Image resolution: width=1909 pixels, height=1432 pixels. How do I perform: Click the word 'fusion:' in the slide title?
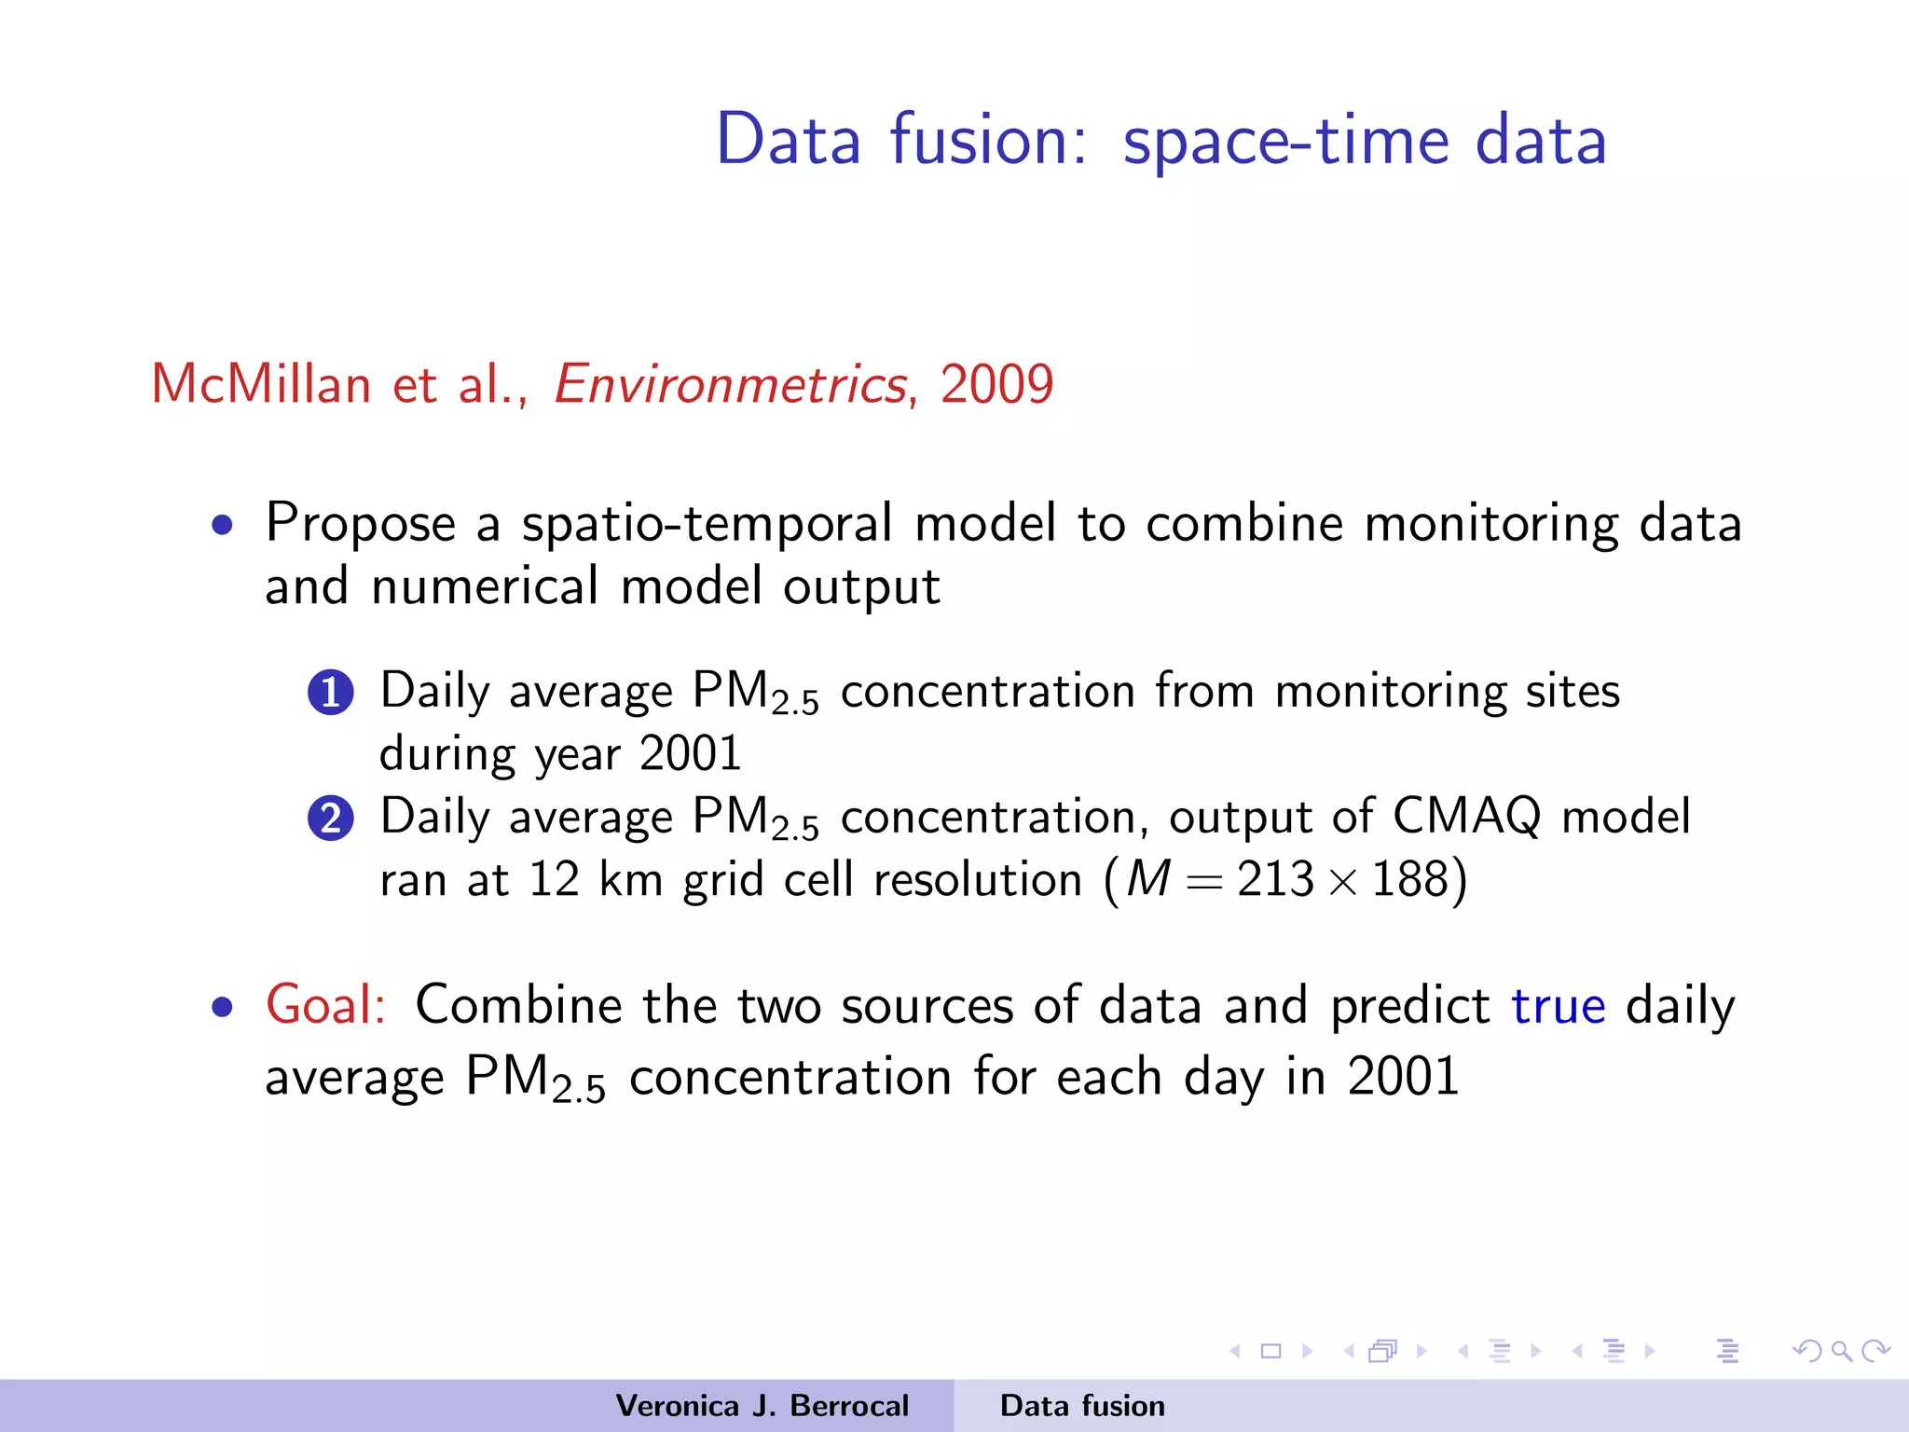988,140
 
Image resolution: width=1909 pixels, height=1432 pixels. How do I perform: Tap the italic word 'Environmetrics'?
730,384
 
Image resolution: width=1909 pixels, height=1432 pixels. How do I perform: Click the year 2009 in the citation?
996,384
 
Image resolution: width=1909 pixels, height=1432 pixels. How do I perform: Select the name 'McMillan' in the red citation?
261,384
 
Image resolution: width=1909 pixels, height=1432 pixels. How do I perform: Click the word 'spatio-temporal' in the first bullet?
707,523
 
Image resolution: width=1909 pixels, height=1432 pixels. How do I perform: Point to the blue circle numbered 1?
331,693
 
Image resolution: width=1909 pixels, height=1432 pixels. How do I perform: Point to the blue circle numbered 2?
331,819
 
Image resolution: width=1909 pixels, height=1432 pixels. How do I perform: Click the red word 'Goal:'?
325,1005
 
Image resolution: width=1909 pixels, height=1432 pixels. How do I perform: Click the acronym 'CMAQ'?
1466,816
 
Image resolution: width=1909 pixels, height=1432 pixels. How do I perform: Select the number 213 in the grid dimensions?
1275,879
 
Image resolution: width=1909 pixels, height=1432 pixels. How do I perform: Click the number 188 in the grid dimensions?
1410,879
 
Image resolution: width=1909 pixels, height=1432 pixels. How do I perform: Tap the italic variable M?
1147,879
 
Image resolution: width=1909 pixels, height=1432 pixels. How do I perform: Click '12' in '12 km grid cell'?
554,879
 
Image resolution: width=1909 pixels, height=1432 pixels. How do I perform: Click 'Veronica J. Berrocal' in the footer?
762,1406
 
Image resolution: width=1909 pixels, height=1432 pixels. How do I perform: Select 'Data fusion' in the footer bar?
1082,1406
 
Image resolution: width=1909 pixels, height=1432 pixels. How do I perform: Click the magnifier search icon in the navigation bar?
1841,1351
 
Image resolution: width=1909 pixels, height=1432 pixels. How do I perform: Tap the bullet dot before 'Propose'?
222,525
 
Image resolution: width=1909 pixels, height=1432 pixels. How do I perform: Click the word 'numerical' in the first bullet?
485,586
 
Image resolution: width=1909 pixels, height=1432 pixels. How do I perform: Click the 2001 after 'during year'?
690,753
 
